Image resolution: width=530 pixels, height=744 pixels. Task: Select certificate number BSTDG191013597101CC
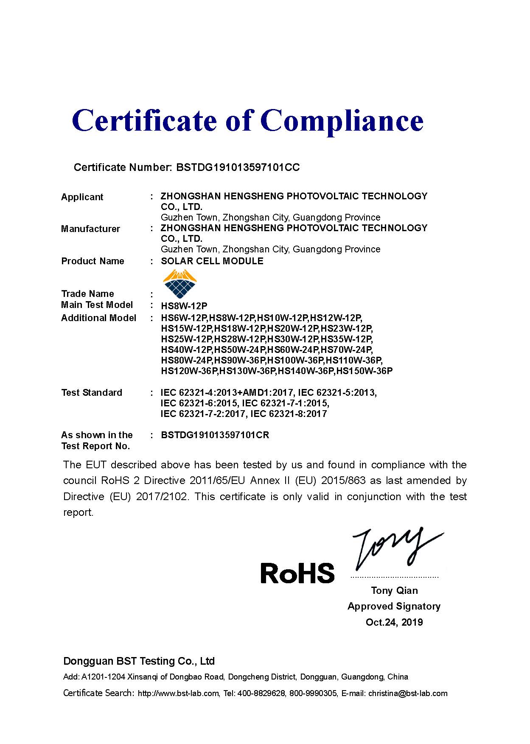(238, 168)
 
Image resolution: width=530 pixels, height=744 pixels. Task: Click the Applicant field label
(82, 197)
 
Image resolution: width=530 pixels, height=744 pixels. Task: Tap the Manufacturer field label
(90, 229)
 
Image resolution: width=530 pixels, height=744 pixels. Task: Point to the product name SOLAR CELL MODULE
(212, 261)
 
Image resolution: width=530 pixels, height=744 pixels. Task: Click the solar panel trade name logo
(180, 284)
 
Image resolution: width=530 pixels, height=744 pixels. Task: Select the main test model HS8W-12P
(184, 306)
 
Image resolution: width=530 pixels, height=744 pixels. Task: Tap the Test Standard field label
(92, 393)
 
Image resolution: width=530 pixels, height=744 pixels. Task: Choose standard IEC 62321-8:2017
(289, 414)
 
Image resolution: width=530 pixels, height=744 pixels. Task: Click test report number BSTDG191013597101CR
(215, 435)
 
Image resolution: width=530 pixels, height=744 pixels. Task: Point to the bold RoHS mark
(297, 573)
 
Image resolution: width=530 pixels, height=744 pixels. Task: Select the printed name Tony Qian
(394, 591)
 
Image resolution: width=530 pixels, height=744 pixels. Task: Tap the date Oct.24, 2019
(394, 623)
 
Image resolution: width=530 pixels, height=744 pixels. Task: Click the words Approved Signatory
(394, 607)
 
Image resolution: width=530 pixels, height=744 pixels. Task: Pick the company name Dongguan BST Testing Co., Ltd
(139, 661)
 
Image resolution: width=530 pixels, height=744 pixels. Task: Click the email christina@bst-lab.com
(408, 694)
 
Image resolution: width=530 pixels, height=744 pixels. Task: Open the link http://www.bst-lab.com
(178, 694)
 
